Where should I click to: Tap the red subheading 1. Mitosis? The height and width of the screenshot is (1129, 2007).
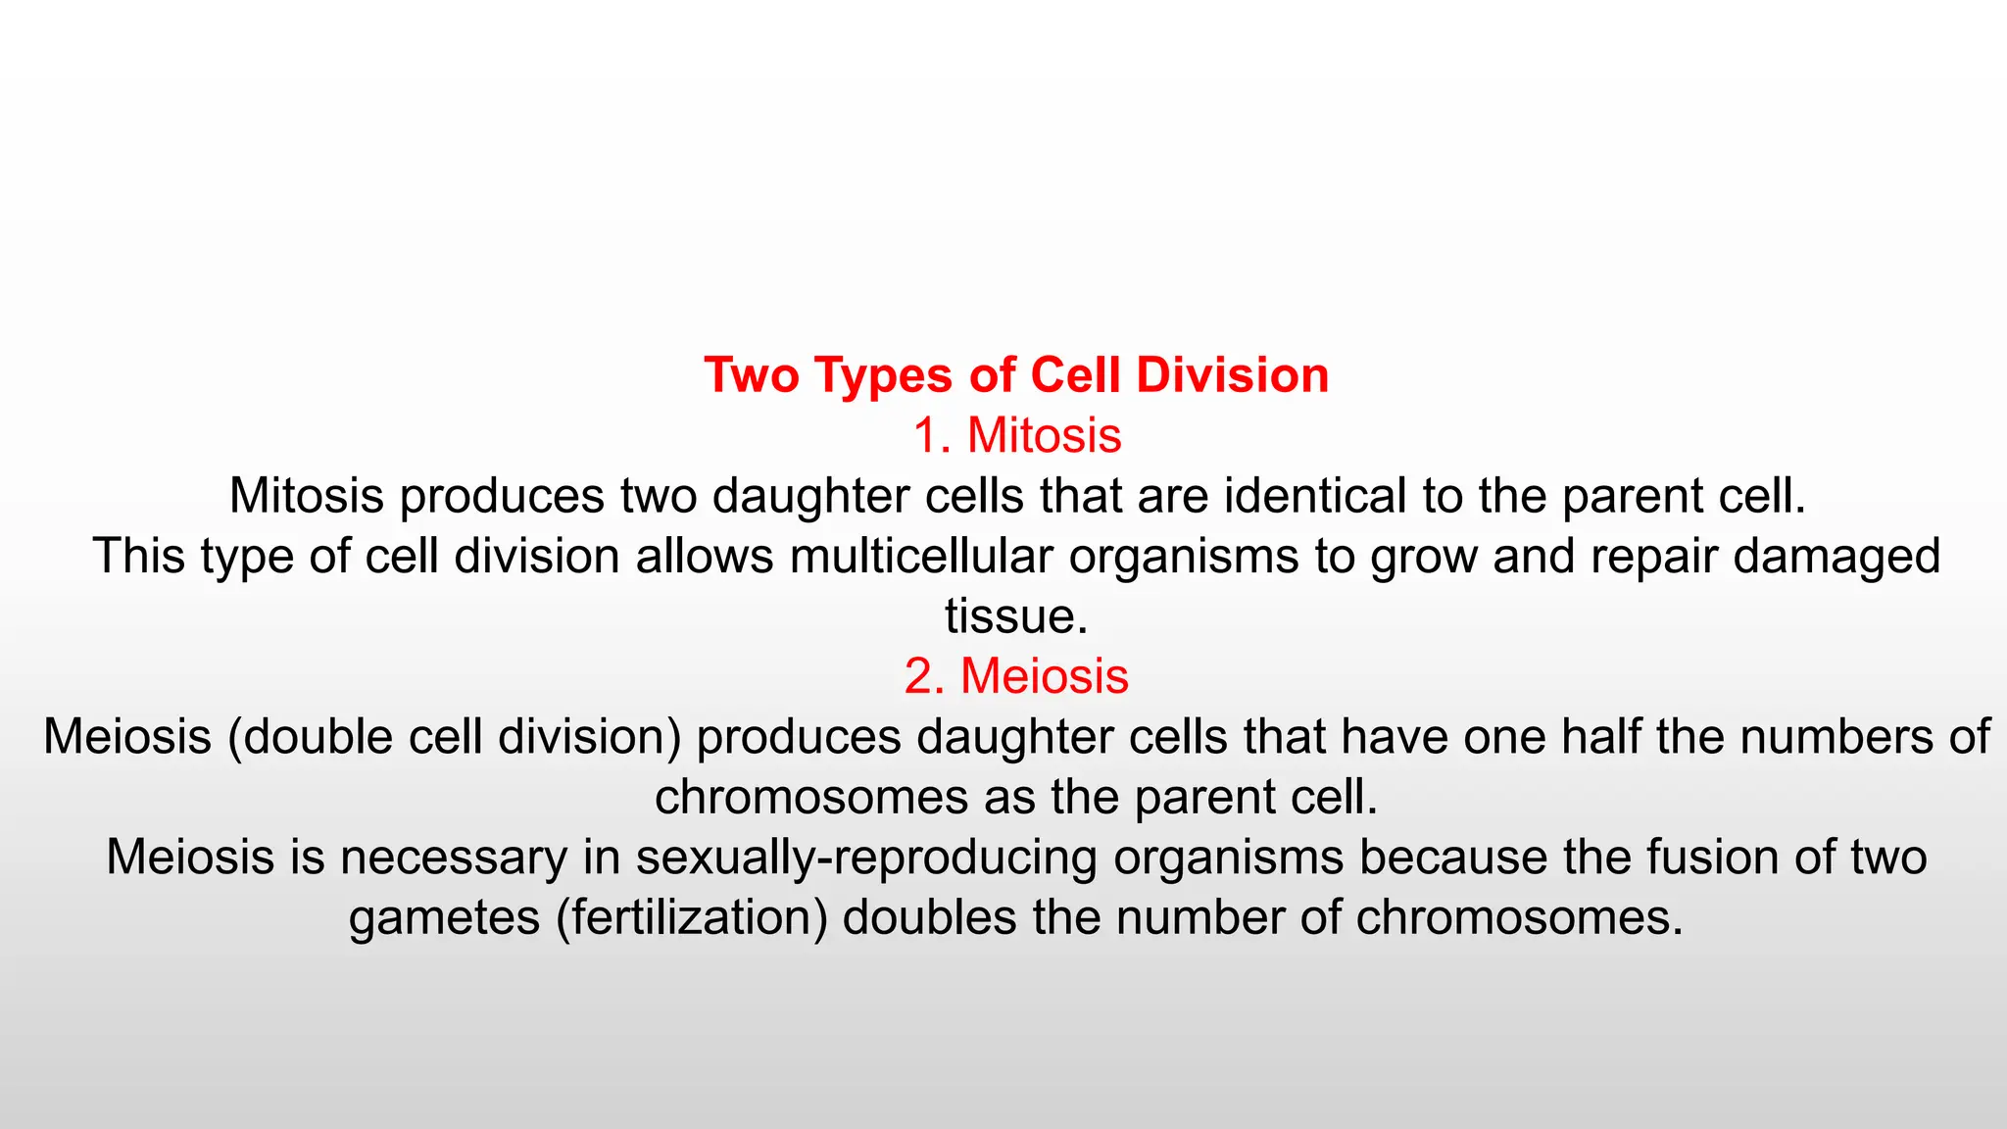click(1016, 435)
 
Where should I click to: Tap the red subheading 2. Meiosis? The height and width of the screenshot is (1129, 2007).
click(1016, 676)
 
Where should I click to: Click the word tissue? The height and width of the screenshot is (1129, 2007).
click(1016, 616)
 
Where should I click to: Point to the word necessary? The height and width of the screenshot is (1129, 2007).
click(454, 858)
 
